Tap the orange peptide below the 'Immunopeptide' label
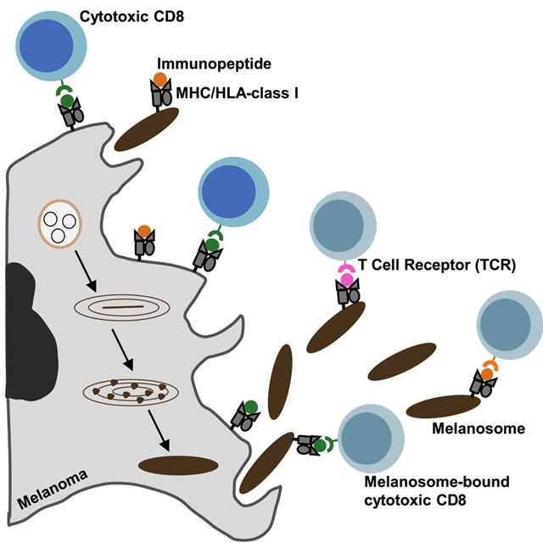pyautogui.click(x=160, y=80)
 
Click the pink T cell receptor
pyautogui.click(x=346, y=274)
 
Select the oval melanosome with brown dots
pyautogui.click(x=123, y=392)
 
